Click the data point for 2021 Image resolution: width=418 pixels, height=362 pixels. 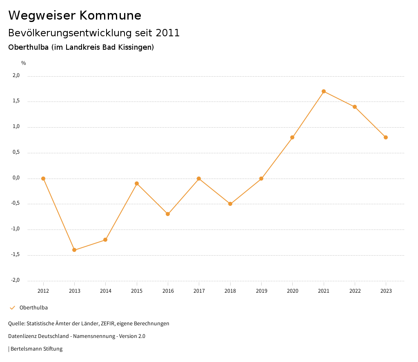(x=324, y=91)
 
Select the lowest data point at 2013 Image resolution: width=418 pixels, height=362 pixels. (x=74, y=250)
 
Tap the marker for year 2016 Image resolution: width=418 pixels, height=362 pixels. (x=168, y=214)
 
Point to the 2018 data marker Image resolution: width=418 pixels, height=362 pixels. (x=230, y=204)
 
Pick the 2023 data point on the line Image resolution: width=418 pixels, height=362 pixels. (x=386, y=137)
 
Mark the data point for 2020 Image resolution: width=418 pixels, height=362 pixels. (x=292, y=137)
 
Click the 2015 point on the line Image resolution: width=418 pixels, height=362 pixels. (x=137, y=183)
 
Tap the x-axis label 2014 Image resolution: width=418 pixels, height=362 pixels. (x=106, y=291)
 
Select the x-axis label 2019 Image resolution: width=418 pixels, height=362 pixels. (x=261, y=291)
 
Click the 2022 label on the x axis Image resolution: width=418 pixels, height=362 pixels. (x=355, y=291)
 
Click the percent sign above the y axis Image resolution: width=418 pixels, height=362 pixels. (x=24, y=63)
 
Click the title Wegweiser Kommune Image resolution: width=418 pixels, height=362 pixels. (x=75, y=15)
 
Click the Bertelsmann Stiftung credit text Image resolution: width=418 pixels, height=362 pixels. (x=36, y=349)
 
